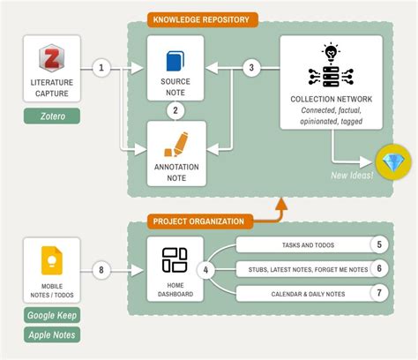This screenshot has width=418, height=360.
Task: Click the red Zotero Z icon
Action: (51, 60)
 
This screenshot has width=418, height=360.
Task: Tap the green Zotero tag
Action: (51, 116)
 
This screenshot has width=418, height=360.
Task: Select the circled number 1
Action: (102, 68)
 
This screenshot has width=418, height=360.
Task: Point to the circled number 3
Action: (251, 68)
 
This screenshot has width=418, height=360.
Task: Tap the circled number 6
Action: (378, 269)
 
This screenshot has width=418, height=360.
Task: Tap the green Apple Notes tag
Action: (51, 334)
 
